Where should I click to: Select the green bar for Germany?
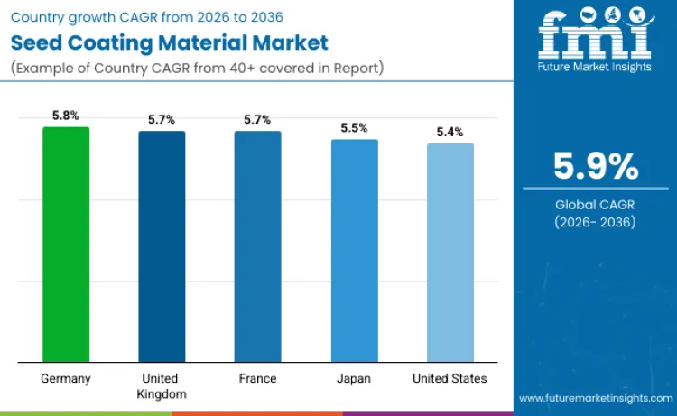(66, 244)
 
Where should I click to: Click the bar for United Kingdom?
(162, 246)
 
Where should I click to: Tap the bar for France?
(257, 246)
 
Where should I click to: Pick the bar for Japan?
(354, 250)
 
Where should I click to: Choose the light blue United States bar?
(450, 253)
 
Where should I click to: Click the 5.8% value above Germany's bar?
(66, 116)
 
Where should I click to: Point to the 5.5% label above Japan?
(354, 128)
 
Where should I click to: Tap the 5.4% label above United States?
(450, 132)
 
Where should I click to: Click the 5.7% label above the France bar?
(257, 119)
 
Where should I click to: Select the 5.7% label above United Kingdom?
(162, 119)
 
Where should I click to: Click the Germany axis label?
(66, 378)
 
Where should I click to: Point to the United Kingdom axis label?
(162, 385)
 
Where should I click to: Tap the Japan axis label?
(354, 378)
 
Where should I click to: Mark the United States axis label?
(450, 378)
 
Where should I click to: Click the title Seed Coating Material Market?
(169, 42)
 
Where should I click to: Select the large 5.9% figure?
(596, 166)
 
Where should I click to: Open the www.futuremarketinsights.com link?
(595, 398)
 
